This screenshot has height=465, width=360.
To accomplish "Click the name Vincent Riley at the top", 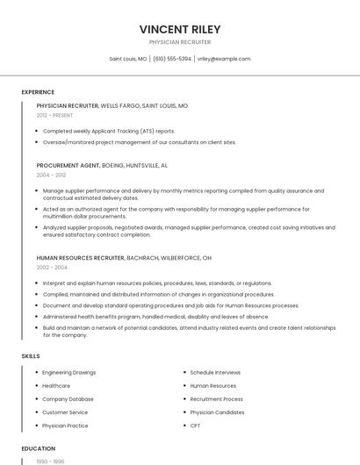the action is coord(179,28).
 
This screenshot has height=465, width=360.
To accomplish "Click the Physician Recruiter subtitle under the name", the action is coord(179,42).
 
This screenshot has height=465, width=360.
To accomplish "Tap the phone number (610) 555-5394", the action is coord(172,59).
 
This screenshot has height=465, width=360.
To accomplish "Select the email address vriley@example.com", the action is coord(224,59).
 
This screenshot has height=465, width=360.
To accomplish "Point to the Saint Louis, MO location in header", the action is coord(127,59).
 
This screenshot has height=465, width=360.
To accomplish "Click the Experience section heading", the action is coord(38,92).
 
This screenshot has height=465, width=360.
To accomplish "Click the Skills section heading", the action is coord(31,356).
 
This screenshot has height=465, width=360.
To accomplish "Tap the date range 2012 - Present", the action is coord(54,115).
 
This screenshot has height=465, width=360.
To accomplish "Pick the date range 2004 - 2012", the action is coord(50,175).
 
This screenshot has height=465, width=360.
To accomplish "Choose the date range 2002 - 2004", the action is coord(52,267).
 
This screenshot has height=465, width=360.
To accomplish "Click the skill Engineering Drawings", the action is coord(68,373).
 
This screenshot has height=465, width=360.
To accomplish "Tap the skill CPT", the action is coord(195,426).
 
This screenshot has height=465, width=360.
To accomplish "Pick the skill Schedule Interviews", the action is coord(215,373).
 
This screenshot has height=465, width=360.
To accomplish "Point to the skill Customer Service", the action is coord(65,412).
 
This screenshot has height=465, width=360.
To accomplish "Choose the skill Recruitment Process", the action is coord(216,399).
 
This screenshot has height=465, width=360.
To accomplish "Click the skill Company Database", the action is coord(68,399).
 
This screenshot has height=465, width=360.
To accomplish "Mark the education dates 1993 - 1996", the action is coord(49,461).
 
